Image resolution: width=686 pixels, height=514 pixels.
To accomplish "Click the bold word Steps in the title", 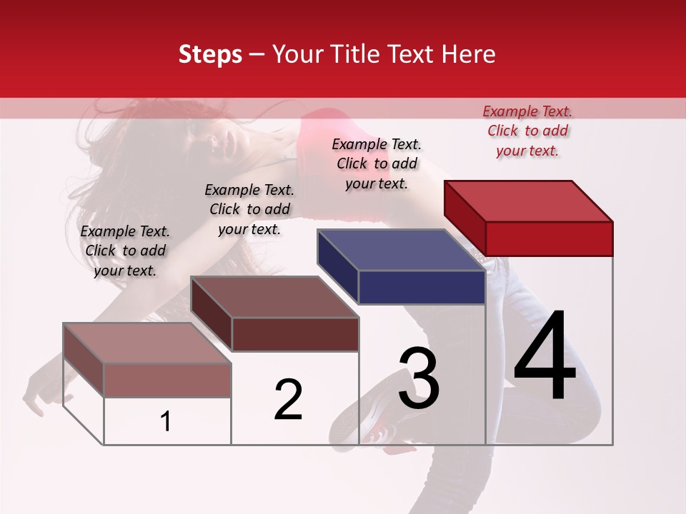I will tap(210, 54).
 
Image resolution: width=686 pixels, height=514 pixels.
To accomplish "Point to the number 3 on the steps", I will tap(419, 378).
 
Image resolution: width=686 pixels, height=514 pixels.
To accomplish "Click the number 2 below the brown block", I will tap(289, 400).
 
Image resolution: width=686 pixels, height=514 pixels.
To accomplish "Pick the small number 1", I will tap(166, 422).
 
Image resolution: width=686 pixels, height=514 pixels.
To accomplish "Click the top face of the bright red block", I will tap(527, 201).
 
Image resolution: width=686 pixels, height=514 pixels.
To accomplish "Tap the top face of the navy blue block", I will tap(400, 250).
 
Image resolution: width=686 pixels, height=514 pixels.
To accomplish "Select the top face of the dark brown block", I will tap(274, 297).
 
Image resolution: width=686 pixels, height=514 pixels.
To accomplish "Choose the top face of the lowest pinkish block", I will tap(146, 343).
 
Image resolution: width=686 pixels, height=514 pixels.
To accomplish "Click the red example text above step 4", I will tap(527, 131).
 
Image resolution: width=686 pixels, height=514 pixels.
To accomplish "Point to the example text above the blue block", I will tap(377, 163).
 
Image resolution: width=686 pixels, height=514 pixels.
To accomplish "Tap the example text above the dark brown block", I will tap(249, 209).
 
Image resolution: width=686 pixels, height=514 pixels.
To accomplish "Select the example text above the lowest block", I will tap(125, 251).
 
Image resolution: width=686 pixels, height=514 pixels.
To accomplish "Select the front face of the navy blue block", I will tap(422, 287).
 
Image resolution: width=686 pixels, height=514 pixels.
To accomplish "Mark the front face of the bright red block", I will tap(549, 238).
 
